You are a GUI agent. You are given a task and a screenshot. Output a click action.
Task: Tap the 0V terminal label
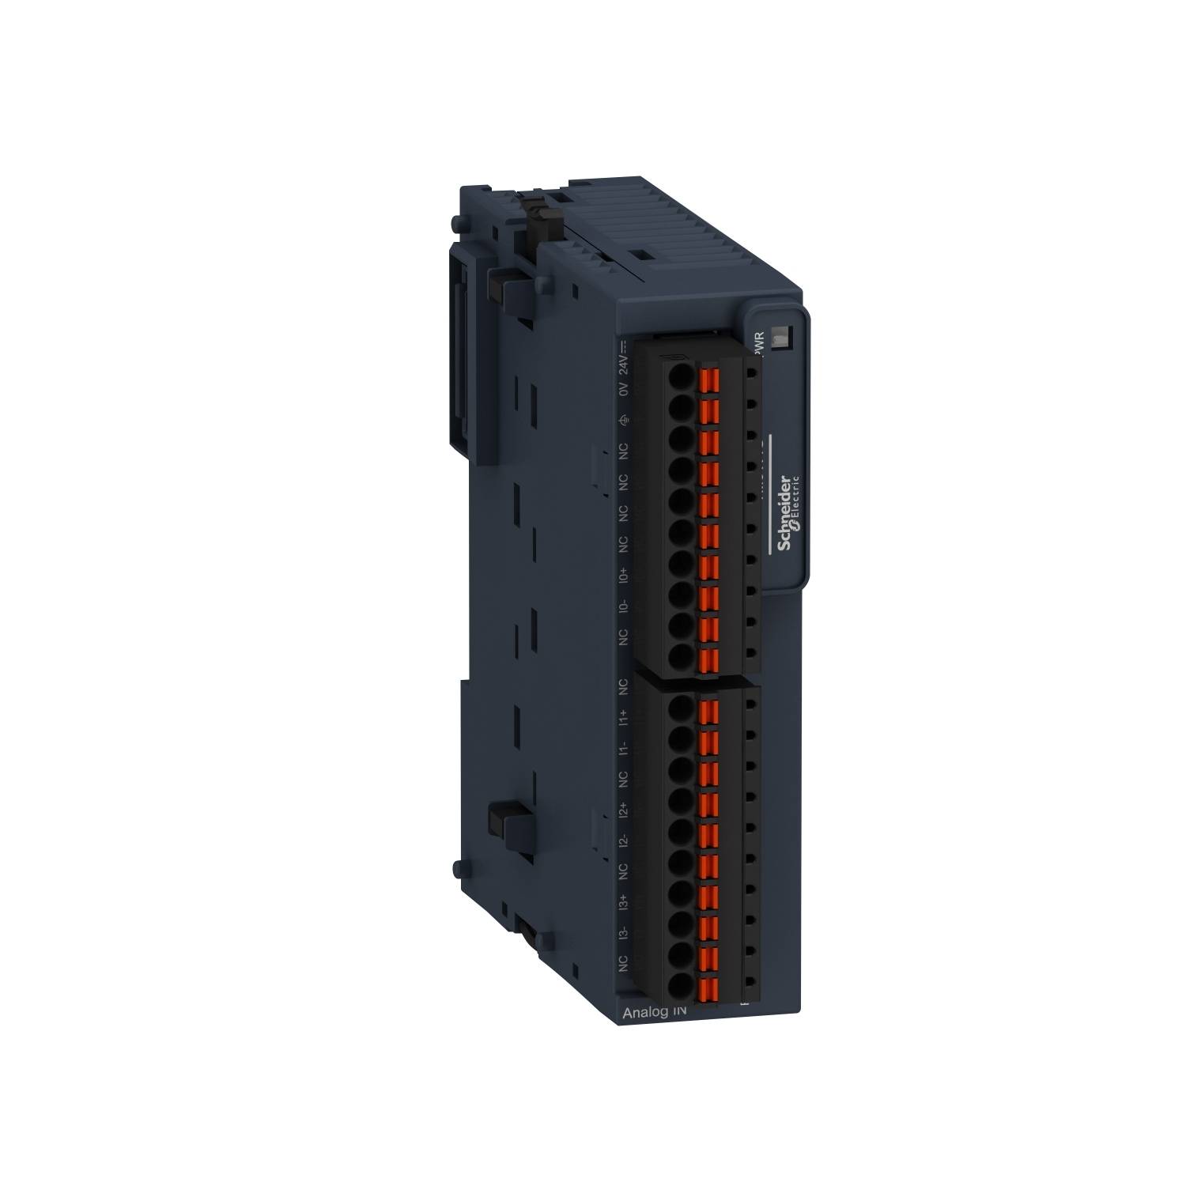pyautogui.click(x=624, y=389)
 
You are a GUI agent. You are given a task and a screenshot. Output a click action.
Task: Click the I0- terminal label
pyautogui.click(x=624, y=606)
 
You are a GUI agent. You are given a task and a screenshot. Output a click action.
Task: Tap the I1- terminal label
pyautogui.click(x=624, y=748)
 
